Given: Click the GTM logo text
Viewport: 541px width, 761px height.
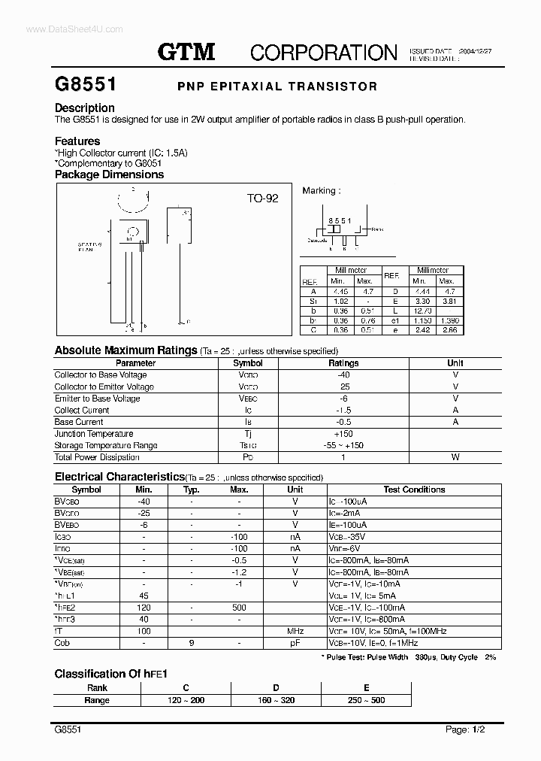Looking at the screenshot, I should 186,51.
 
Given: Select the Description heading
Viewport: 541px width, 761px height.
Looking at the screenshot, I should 84,108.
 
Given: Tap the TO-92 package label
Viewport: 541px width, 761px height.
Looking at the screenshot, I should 262,199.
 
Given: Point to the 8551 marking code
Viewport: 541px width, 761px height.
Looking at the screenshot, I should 340,220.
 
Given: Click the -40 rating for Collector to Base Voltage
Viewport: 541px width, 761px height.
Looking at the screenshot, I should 343,374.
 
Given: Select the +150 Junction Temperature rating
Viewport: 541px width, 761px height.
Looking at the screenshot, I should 343,434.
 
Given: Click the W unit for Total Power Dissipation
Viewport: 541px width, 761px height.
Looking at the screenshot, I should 455,457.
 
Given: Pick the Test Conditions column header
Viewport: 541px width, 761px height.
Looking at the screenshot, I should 414,490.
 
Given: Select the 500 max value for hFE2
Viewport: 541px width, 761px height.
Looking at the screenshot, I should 239,607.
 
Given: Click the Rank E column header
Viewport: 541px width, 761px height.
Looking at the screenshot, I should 366,687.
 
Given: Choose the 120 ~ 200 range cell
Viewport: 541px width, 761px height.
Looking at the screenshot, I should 186,700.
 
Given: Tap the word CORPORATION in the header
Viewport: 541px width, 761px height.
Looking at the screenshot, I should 323,52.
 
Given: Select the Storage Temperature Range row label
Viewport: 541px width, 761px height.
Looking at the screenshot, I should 105,445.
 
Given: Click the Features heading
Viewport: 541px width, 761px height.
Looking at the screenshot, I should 77,141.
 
